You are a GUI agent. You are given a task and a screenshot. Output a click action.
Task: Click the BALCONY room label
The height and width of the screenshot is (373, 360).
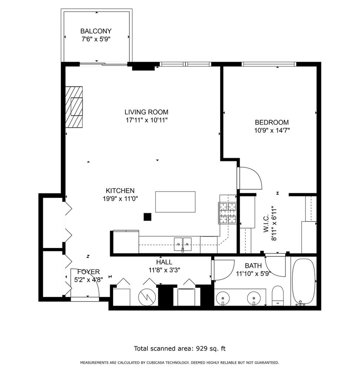click(x=96, y=31)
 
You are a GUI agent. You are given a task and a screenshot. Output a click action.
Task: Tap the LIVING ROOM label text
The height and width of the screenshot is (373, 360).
click(x=146, y=112)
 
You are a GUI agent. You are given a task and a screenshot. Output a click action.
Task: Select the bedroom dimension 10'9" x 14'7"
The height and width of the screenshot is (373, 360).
click(x=272, y=130)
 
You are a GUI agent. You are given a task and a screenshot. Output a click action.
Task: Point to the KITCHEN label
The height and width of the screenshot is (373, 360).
click(x=120, y=190)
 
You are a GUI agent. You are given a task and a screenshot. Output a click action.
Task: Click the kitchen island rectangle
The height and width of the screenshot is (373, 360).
click(x=175, y=202)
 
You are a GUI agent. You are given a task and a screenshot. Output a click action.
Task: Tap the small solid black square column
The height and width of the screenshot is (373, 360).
click(x=148, y=217)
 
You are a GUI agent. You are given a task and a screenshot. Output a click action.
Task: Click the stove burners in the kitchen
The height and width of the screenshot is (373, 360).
click(x=227, y=213)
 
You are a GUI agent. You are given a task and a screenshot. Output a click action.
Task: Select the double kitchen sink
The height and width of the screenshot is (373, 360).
click(x=182, y=244)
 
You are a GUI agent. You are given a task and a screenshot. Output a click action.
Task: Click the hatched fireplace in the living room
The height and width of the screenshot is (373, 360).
click(x=74, y=107)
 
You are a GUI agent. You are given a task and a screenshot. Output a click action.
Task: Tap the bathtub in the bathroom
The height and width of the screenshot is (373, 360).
click(x=303, y=282)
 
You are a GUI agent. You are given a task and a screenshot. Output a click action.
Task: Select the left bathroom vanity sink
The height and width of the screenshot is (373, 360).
click(x=223, y=298)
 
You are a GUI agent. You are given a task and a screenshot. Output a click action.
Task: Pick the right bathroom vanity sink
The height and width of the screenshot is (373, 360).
click(x=254, y=298)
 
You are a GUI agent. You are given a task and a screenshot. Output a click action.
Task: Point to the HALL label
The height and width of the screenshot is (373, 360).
click(x=164, y=262)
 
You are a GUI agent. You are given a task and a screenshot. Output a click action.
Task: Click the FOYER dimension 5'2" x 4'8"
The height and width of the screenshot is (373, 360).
click(x=88, y=280)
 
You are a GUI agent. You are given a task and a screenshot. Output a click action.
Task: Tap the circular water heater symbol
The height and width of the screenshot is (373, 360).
click(x=147, y=297)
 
